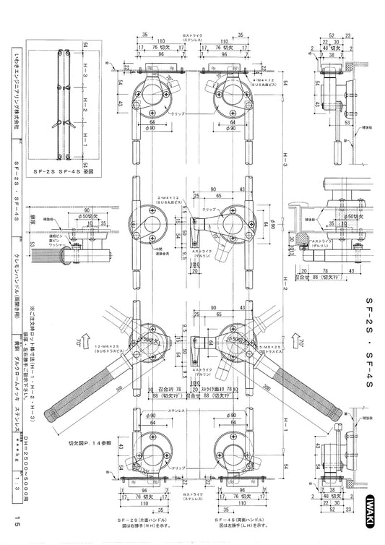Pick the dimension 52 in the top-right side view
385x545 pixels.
(333, 35)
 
